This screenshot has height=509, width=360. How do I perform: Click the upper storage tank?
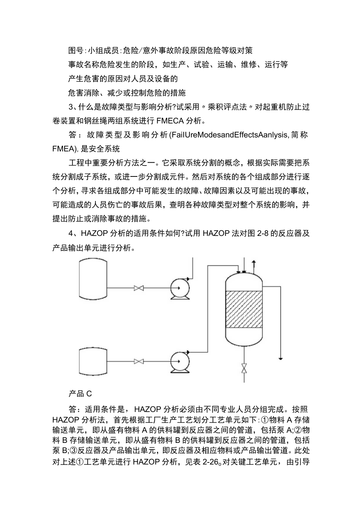tap(93, 279)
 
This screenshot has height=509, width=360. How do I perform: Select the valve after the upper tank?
tap(139, 289)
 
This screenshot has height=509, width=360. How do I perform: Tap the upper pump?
tap(180, 289)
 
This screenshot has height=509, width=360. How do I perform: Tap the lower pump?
tap(180, 360)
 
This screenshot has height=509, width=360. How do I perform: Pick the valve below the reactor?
tap(244, 369)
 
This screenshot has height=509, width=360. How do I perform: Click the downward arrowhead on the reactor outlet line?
tap(281, 357)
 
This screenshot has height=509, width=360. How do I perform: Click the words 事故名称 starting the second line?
tap(81, 65)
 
